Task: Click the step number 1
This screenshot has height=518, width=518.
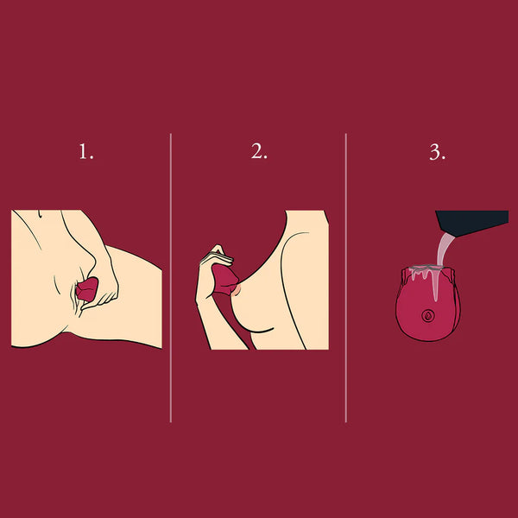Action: tap(85, 152)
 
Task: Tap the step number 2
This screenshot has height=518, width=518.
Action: tap(259, 151)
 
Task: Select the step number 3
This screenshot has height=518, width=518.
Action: tap(437, 152)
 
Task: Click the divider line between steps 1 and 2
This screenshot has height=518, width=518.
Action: tap(170, 277)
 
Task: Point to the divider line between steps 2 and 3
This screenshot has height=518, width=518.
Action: tap(346, 277)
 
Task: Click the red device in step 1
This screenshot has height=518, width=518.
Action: tap(87, 289)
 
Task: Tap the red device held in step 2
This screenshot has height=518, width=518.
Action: tap(224, 280)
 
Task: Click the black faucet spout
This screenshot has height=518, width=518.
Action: tap(472, 223)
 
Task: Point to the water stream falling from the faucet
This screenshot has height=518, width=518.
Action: tap(444, 250)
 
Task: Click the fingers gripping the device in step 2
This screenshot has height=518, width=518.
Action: tap(217, 256)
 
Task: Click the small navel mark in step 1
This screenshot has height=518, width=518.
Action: tap(40, 214)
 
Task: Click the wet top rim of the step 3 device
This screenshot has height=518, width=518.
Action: tap(426, 268)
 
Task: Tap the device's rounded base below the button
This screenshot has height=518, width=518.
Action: tap(428, 332)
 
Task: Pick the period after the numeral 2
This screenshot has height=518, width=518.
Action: tap(265, 158)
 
